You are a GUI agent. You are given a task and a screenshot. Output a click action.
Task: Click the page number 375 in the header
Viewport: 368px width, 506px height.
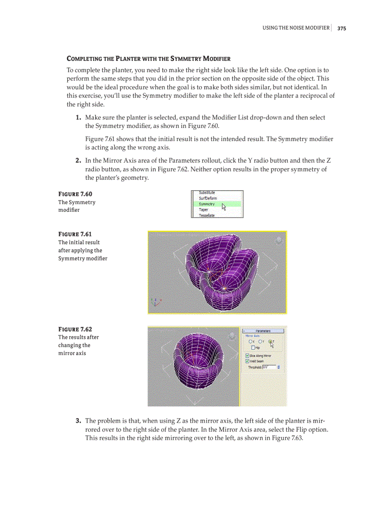341,28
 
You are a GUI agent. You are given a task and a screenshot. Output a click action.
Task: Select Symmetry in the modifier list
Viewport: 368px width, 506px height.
207,204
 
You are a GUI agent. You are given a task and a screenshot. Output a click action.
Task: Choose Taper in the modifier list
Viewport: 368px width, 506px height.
203,210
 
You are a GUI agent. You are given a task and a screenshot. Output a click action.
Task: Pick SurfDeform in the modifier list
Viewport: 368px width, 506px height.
207,198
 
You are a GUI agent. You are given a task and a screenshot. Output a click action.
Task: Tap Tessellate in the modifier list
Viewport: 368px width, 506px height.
207,215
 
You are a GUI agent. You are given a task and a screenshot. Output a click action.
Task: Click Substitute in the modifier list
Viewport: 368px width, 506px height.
207,193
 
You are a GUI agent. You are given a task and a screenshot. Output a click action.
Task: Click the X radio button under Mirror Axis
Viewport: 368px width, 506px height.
250,342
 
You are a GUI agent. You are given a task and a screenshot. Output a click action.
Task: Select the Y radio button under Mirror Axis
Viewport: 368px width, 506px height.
260,342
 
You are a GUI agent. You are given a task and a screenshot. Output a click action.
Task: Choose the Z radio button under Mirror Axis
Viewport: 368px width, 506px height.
270,342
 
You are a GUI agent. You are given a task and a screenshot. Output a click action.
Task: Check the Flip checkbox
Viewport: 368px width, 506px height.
253,347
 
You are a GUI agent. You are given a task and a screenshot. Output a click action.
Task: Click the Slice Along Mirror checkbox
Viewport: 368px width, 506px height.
247,356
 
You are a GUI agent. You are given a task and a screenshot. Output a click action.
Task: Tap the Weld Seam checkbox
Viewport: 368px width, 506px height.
247,361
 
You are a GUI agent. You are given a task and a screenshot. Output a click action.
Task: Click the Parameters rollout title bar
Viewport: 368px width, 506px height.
263,331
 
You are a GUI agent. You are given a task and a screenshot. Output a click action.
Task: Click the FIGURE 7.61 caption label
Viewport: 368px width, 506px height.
75,234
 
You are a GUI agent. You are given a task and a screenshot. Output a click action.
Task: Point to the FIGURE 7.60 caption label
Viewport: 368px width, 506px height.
75,194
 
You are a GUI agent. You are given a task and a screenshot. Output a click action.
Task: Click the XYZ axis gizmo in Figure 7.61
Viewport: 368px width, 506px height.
155,302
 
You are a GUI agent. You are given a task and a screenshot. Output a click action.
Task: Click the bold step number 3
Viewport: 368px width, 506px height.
78,421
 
